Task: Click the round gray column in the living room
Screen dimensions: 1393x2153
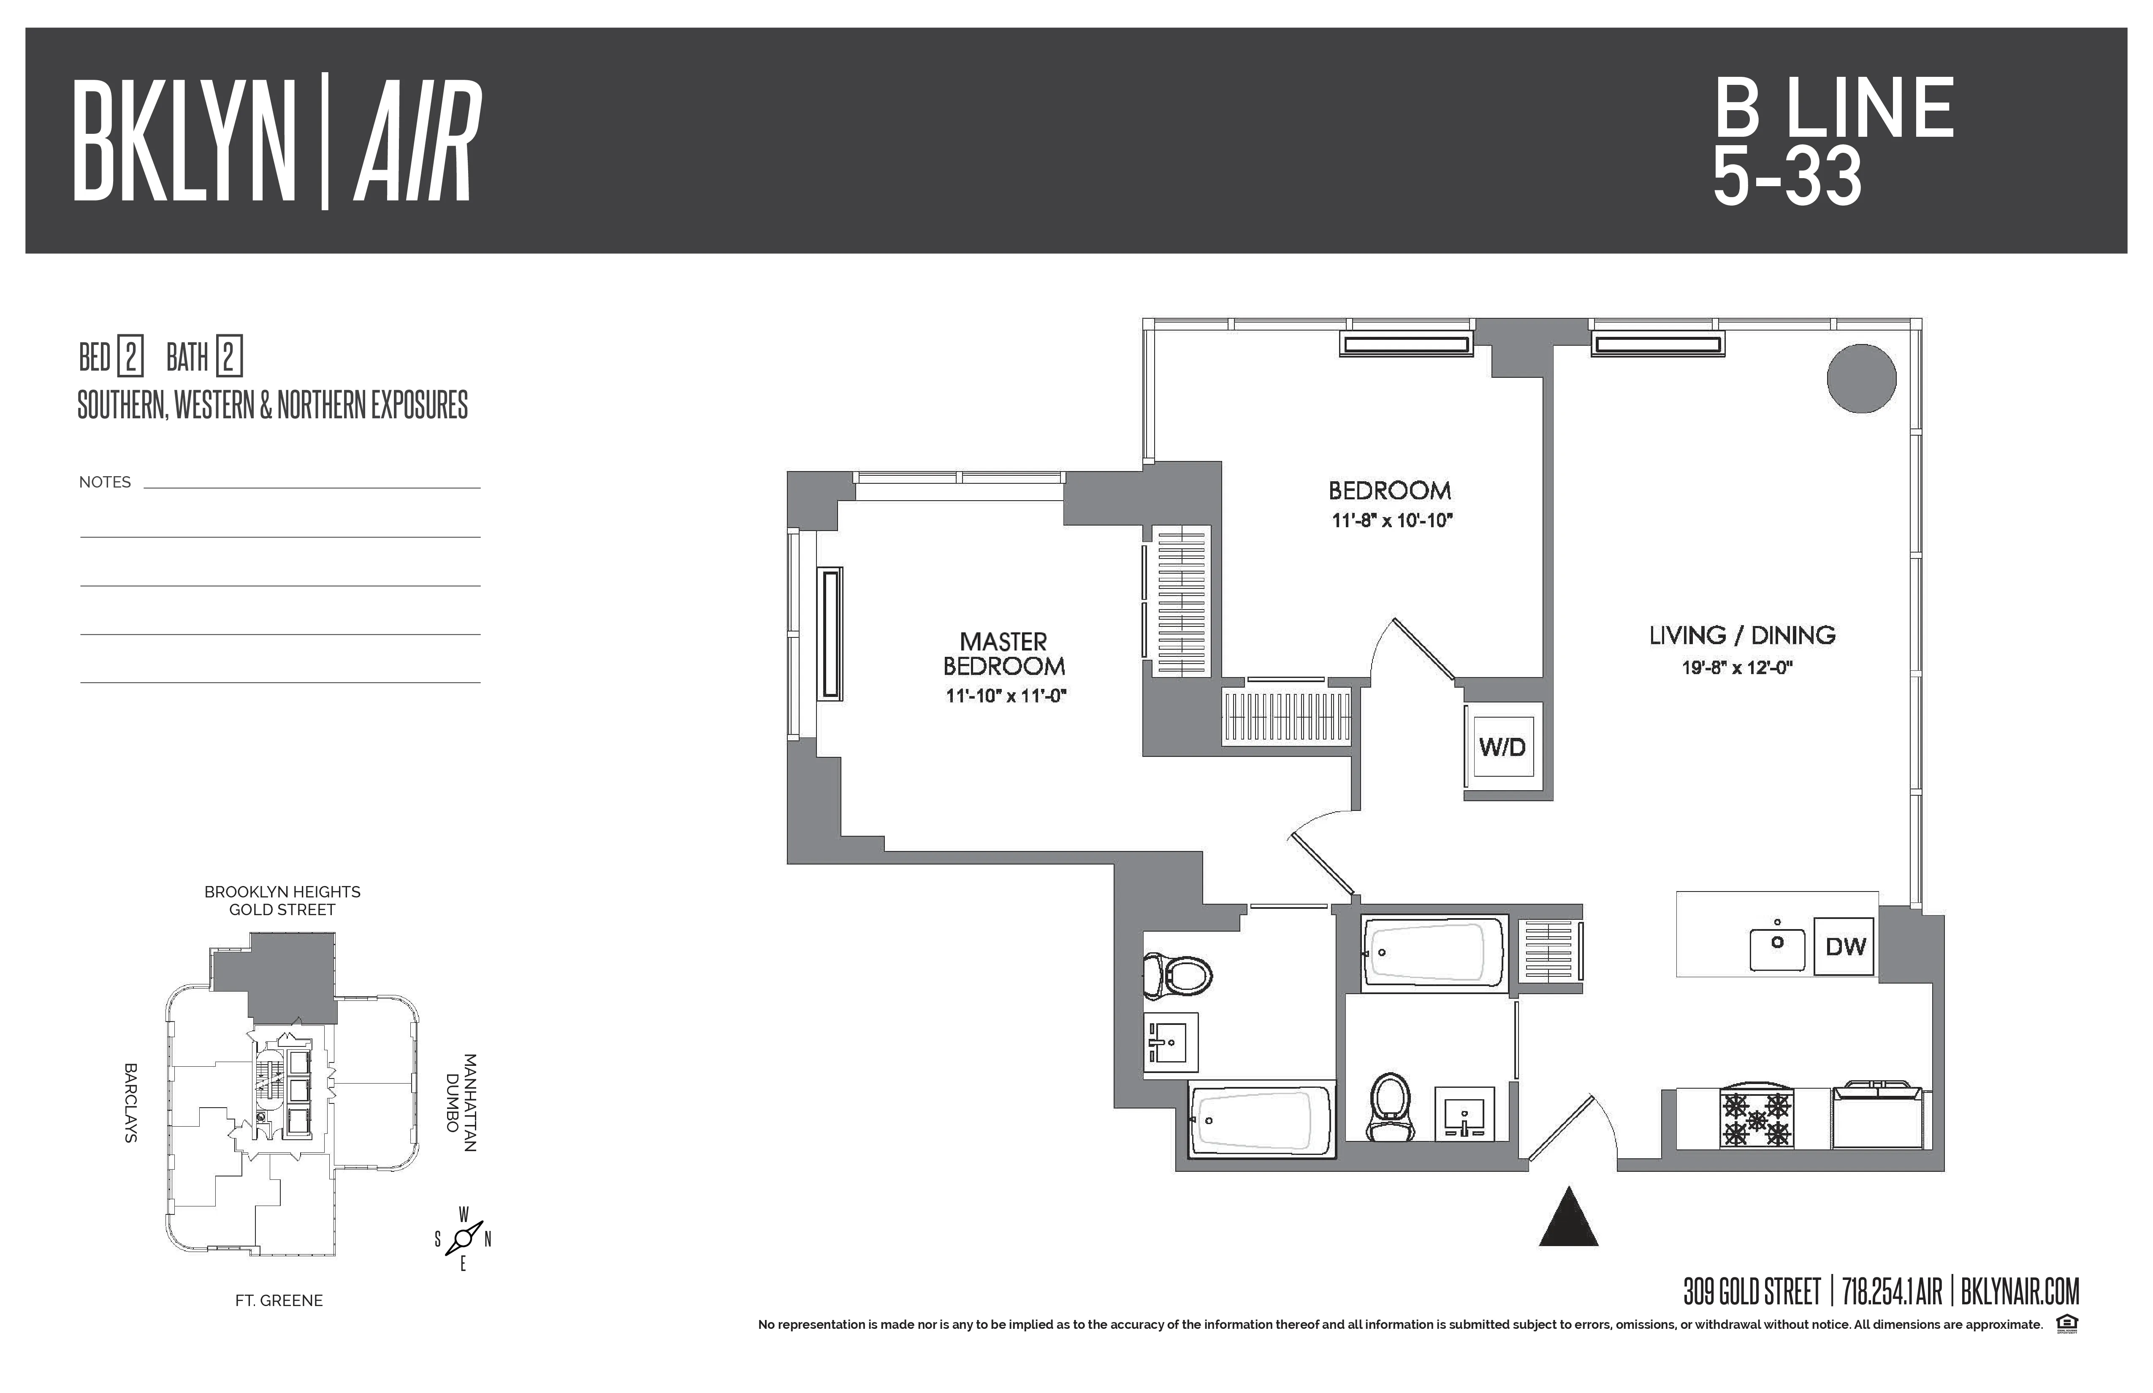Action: [x=1861, y=378]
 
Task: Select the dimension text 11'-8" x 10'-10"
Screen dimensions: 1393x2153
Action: [x=1391, y=521]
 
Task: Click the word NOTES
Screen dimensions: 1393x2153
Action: [x=105, y=482]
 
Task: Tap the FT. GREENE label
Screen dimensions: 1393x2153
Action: [x=279, y=1301]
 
